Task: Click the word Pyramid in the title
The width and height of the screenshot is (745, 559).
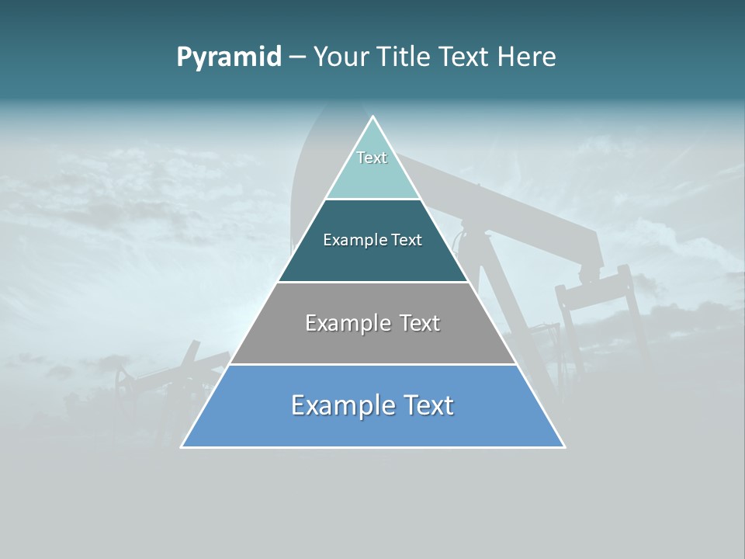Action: (x=228, y=57)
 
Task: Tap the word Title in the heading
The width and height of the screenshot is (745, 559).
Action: (x=404, y=57)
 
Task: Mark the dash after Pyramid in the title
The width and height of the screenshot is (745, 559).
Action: (x=297, y=57)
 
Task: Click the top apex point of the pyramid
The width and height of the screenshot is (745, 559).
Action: (x=373, y=117)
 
